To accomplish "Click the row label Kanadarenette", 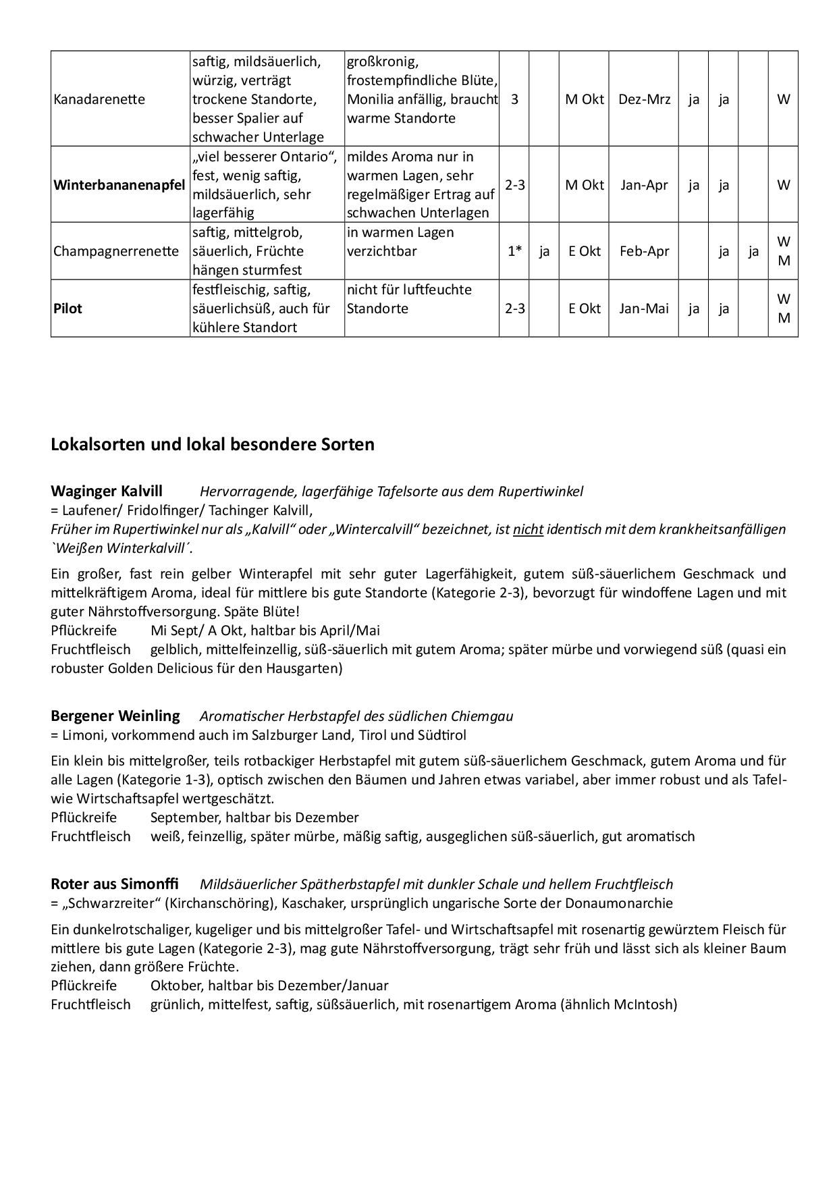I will (99, 99).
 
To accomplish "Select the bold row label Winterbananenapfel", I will (119, 185).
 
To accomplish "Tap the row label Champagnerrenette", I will (116, 251).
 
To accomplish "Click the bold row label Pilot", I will (67, 308).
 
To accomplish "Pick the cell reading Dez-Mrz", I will (644, 99).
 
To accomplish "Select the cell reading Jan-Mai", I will (644, 308).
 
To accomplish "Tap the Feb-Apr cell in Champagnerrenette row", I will (644, 251).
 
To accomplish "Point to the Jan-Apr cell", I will (644, 185).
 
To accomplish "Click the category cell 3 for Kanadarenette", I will (515, 99).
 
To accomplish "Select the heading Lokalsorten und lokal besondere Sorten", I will (212, 445).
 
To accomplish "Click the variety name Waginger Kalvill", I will (107, 491).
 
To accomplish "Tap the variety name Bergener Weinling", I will (115, 716).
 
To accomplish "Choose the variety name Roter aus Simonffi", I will (115, 884).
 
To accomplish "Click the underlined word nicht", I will (528, 529).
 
